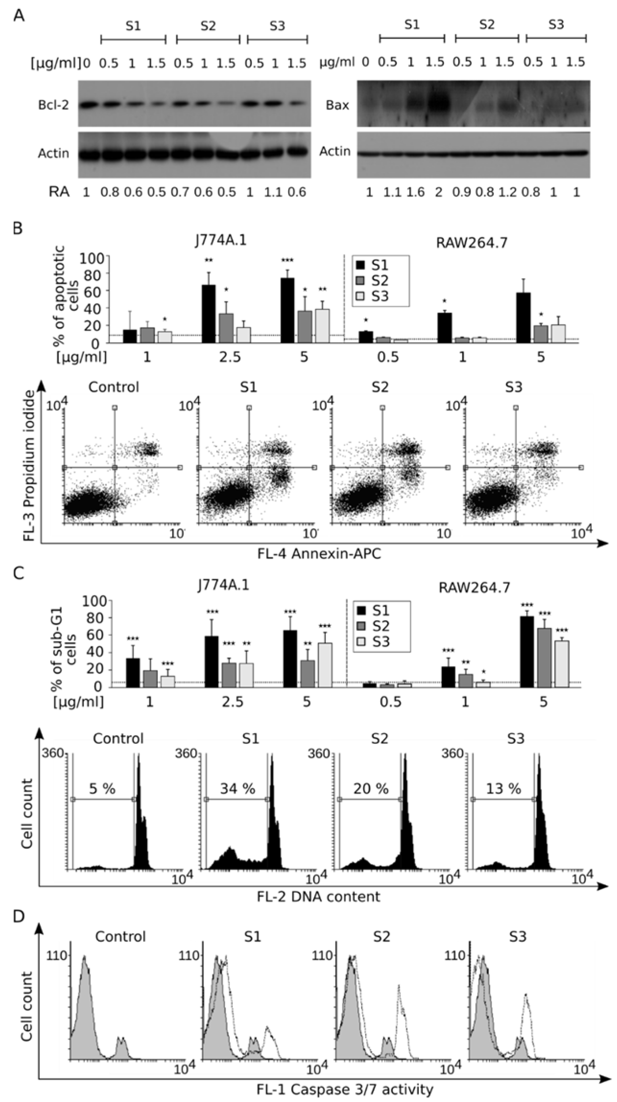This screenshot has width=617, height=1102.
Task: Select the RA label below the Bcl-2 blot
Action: (59, 192)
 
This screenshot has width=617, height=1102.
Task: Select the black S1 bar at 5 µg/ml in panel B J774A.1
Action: (287, 310)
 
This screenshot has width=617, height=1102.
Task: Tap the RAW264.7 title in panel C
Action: (475, 588)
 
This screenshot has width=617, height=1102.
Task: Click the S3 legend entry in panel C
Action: (373, 642)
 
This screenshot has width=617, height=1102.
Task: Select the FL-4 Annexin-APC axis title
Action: (319, 554)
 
